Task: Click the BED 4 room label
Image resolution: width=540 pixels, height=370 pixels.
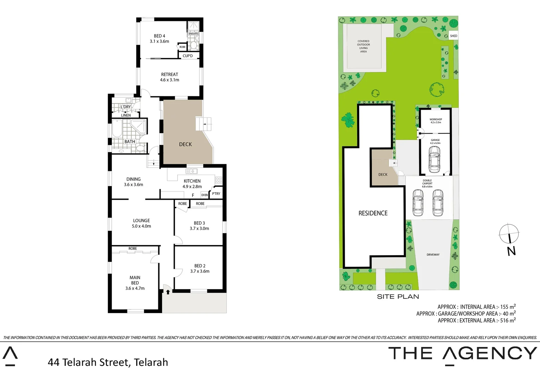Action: click(x=160, y=36)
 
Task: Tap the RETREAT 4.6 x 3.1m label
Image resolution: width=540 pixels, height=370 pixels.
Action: click(x=169, y=77)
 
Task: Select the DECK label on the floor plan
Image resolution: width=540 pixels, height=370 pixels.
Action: click(x=185, y=144)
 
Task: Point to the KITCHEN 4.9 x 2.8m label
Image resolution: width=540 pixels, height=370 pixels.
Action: click(x=192, y=184)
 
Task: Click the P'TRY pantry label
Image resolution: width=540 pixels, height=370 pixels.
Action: click(x=216, y=194)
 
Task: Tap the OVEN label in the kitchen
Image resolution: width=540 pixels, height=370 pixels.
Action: click(x=204, y=195)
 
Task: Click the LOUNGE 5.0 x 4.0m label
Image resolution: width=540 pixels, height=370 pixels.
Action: click(x=141, y=223)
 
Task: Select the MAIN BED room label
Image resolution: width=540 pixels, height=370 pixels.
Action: click(x=135, y=280)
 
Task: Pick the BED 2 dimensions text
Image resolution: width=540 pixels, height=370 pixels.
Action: click(x=200, y=271)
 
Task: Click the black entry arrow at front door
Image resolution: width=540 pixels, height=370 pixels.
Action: click(x=168, y=292)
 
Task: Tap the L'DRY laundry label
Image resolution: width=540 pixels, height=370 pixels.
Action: click(x=126, y=107)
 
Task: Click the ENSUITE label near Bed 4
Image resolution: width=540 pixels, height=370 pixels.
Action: click(x=193, y=34)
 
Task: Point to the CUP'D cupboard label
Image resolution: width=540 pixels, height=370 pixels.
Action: click(x=188, y=56)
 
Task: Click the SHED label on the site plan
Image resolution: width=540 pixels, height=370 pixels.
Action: click(x=453, y=36)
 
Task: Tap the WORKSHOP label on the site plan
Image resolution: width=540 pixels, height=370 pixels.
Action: click(x=436, y=120)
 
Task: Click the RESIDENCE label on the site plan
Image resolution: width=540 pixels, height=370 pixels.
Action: click(x=373, y=213)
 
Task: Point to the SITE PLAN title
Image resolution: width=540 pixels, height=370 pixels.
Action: click(x=398, y=297)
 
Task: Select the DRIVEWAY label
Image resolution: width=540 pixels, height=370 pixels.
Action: click(x=433, y=255)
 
